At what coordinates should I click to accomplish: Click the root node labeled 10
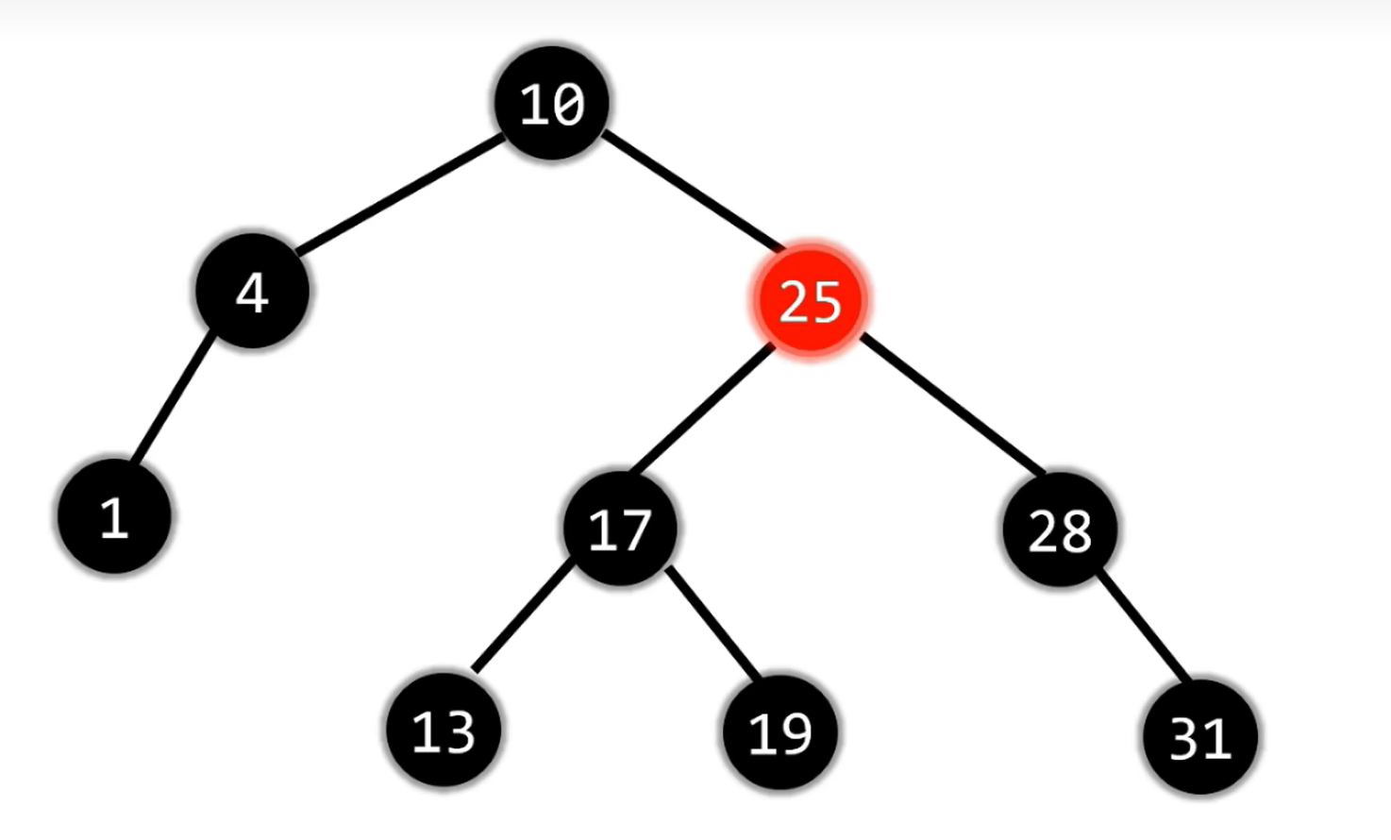click(x=552, y=103)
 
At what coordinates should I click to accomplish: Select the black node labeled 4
click(x=252, y=291)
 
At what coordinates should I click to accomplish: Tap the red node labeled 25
click(x=809, y=301)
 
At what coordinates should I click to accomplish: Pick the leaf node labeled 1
click(x=114, y=516)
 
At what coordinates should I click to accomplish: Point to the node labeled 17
click(x=620, y=529)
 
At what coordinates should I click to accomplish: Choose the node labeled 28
click(x=1060, y=529)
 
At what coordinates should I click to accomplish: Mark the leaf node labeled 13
click(x=444, y=730)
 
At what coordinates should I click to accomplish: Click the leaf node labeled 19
click(x=779, y=732)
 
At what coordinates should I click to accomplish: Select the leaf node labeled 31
click(x=1199, y=736)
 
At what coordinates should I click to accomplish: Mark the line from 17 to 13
click(x=522, y=615)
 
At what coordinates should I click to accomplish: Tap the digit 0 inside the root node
click(x=568, y=105)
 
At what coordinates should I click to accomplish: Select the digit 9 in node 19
click(x=796, y=733)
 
